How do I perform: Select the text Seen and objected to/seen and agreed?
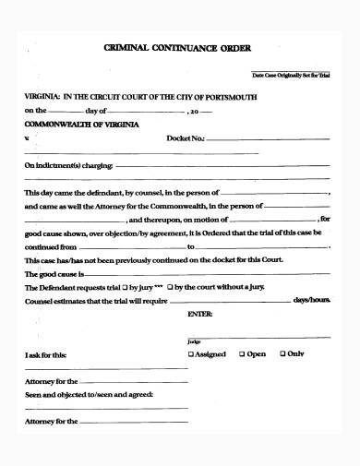pos(89,394)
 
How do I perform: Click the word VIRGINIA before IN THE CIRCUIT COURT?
pos(43,95)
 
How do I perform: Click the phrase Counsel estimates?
pos(55,301)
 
